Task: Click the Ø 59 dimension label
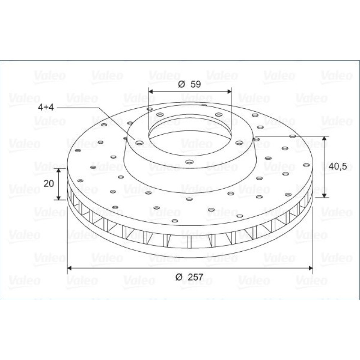(189, 84)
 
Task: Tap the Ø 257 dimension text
(189, 277)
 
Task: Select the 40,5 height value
(338, 166)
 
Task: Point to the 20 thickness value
(49, 184)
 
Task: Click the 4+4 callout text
(46, 107)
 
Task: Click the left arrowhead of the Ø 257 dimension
(69, 268)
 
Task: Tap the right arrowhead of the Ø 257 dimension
(311, 268)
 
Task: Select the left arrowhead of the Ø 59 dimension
(151, 91)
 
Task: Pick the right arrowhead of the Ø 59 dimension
(229, 91)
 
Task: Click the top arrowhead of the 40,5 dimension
(324, 139)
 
